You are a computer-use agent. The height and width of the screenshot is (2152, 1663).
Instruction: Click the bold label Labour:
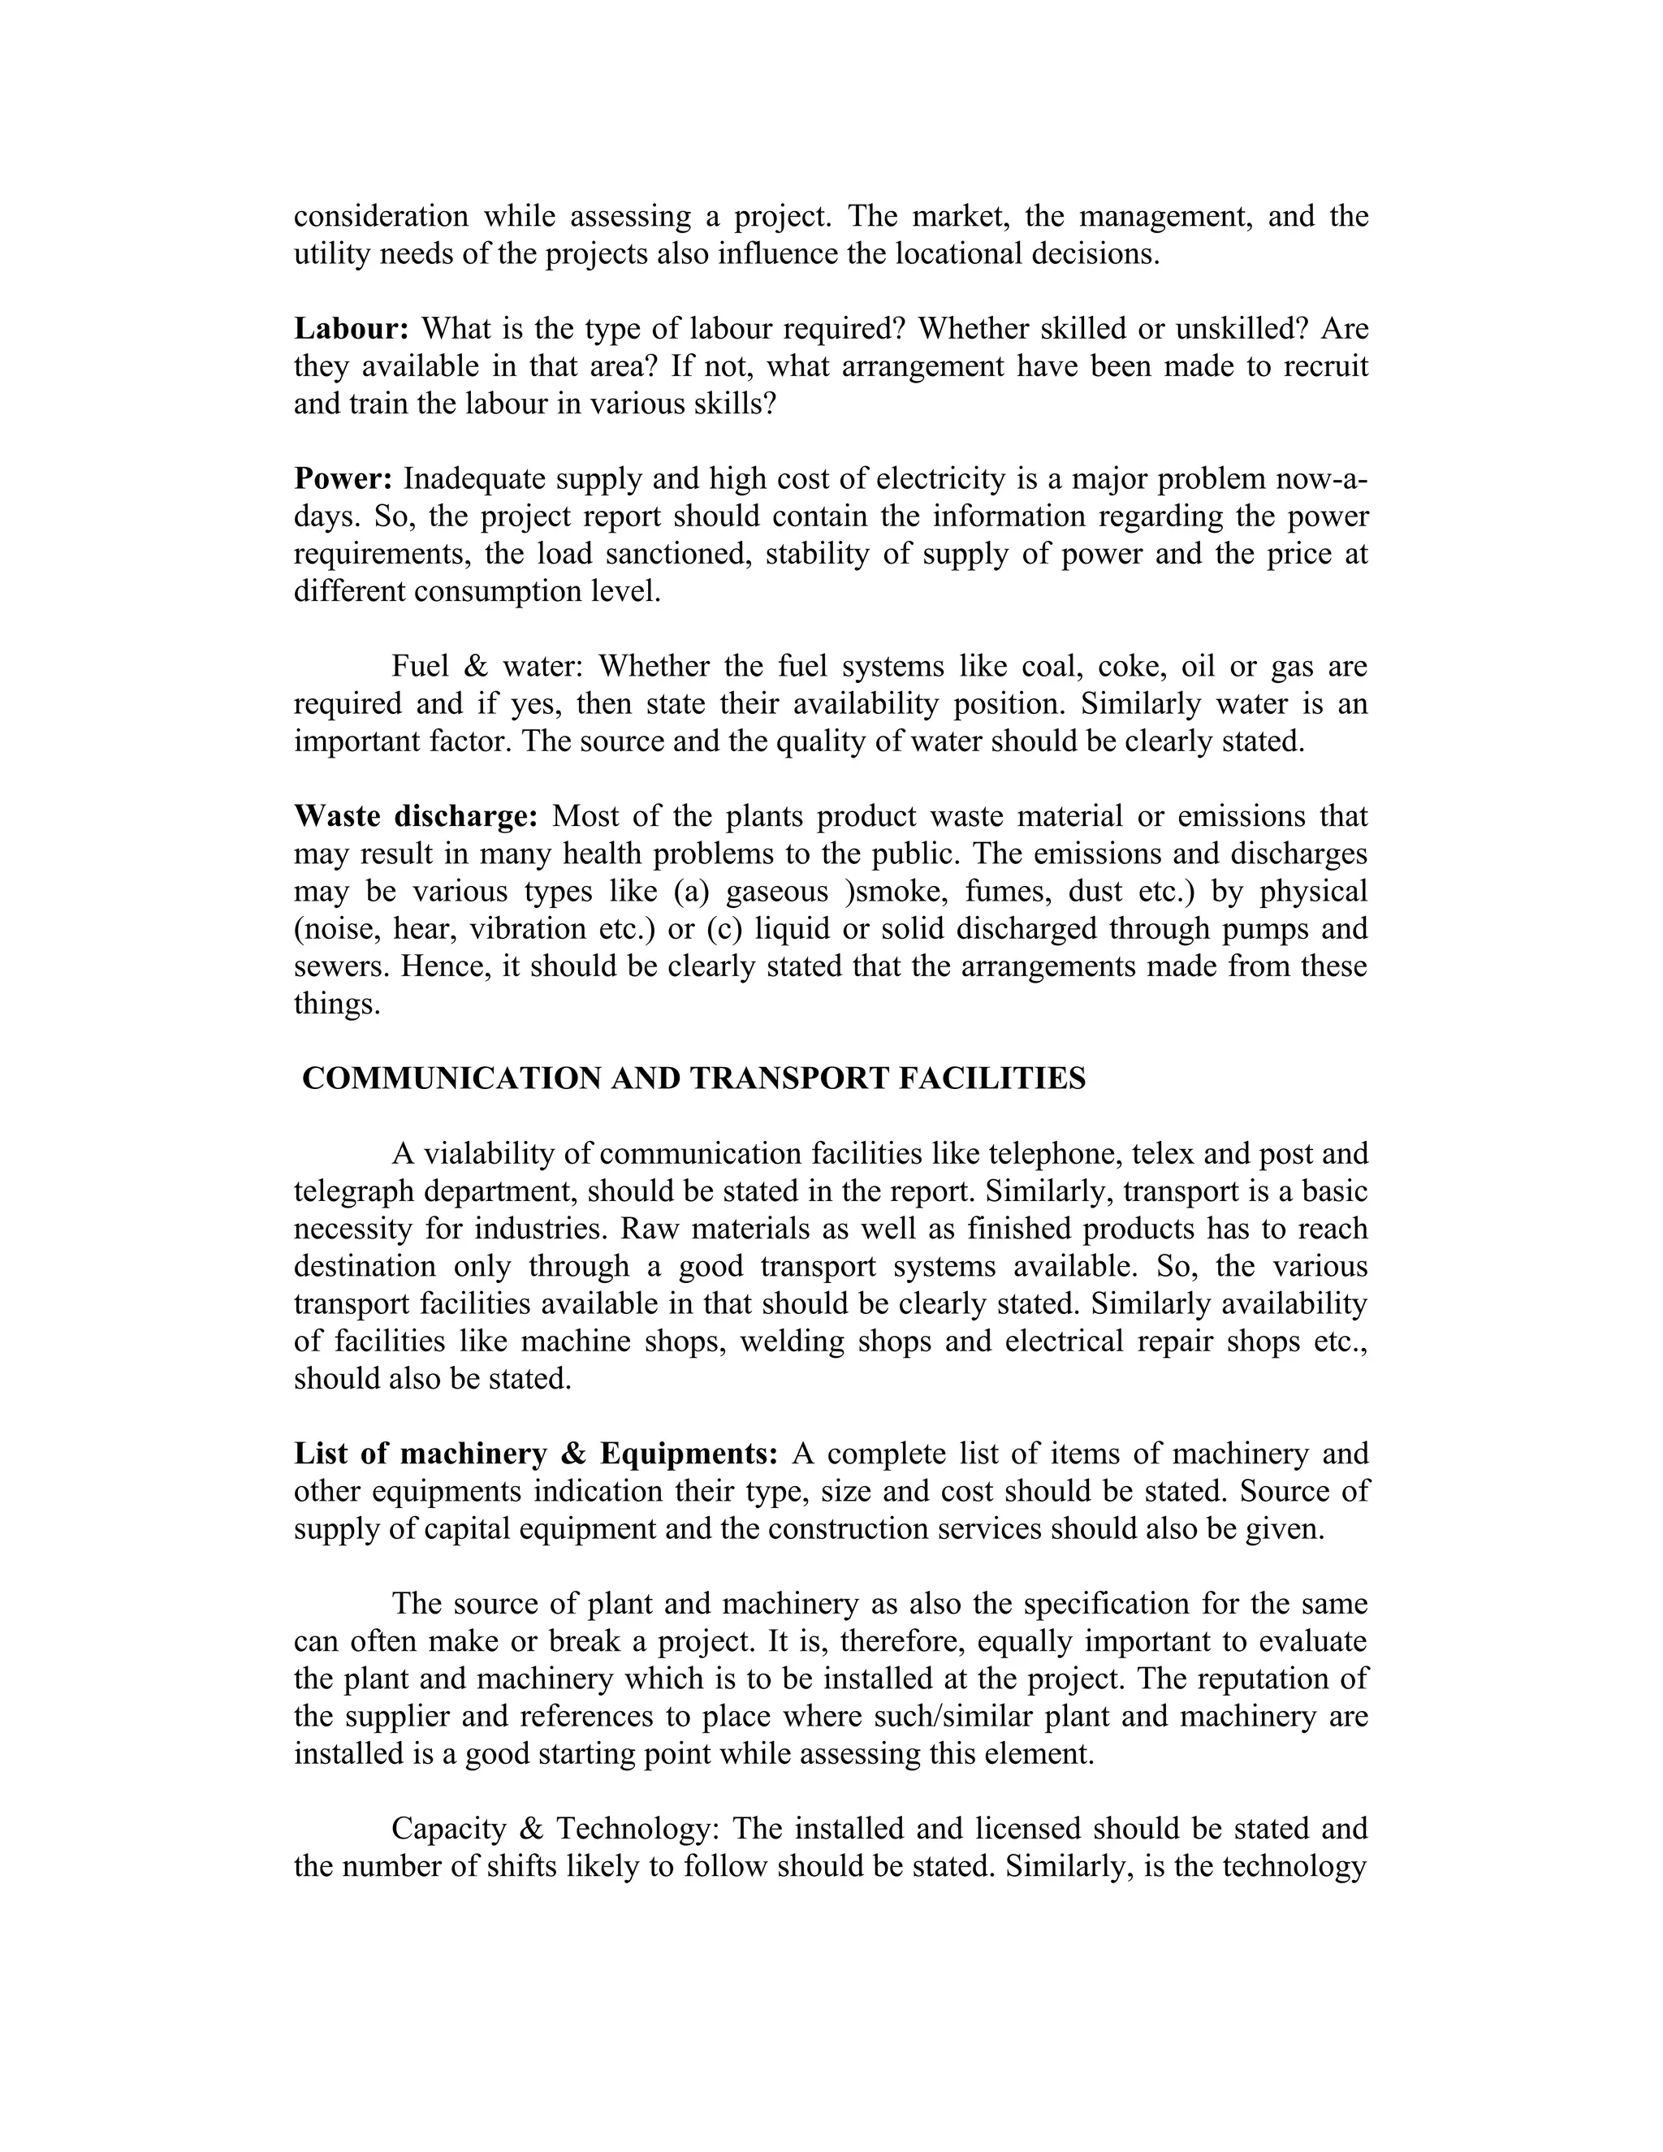tap(351, 328)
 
